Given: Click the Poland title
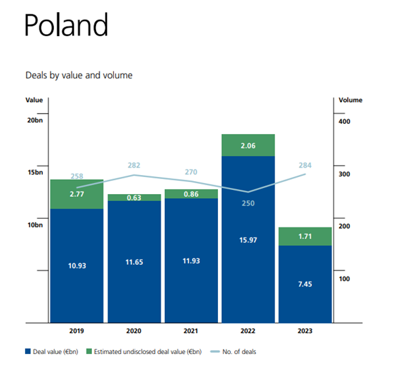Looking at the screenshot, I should pos(65,27).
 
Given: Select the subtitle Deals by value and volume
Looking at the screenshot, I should pos(78,75).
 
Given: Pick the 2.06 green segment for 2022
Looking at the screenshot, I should pos(248,145).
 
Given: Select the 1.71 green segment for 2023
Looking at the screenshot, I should pos(304,236).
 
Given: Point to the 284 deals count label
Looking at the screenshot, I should pos(304,165).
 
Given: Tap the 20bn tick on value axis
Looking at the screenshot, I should pos(35,121).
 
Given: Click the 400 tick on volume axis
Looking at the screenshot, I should pos(344,121).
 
